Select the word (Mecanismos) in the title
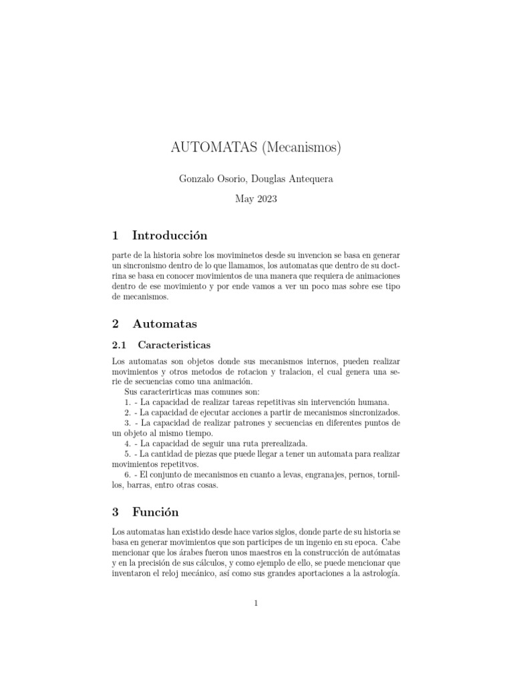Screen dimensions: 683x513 click(300, 148)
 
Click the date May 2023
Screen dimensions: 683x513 click(256, 199)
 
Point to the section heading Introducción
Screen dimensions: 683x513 click(170, 235)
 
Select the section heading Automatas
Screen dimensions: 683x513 click(165, 324)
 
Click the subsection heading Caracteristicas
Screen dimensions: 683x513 click(174, 345)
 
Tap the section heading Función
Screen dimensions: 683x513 click(156, 512)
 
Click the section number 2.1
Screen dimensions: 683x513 click(119, 345)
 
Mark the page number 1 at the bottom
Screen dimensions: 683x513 click(256, 604)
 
